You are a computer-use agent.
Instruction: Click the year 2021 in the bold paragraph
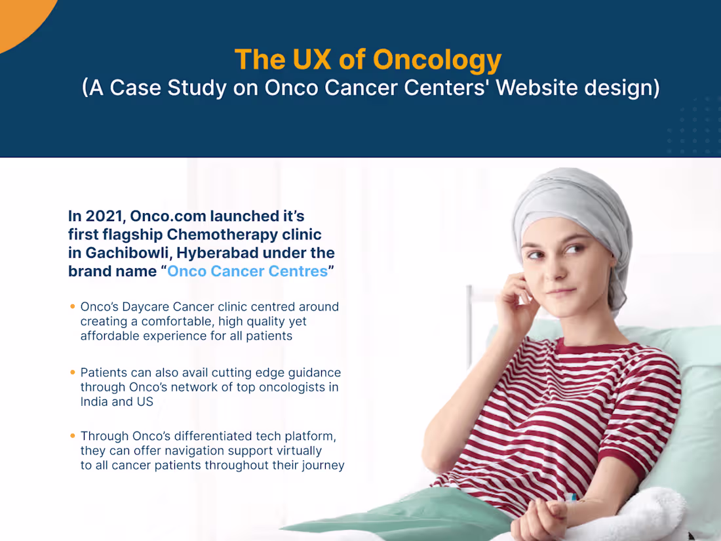coord(104,216)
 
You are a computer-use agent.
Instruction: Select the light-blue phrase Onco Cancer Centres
coord(247,271)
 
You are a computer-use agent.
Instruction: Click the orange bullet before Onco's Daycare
coord(72,306)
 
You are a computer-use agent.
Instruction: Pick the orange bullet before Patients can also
coord(72,372)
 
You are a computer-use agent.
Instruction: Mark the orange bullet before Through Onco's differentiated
coord(72,435)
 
